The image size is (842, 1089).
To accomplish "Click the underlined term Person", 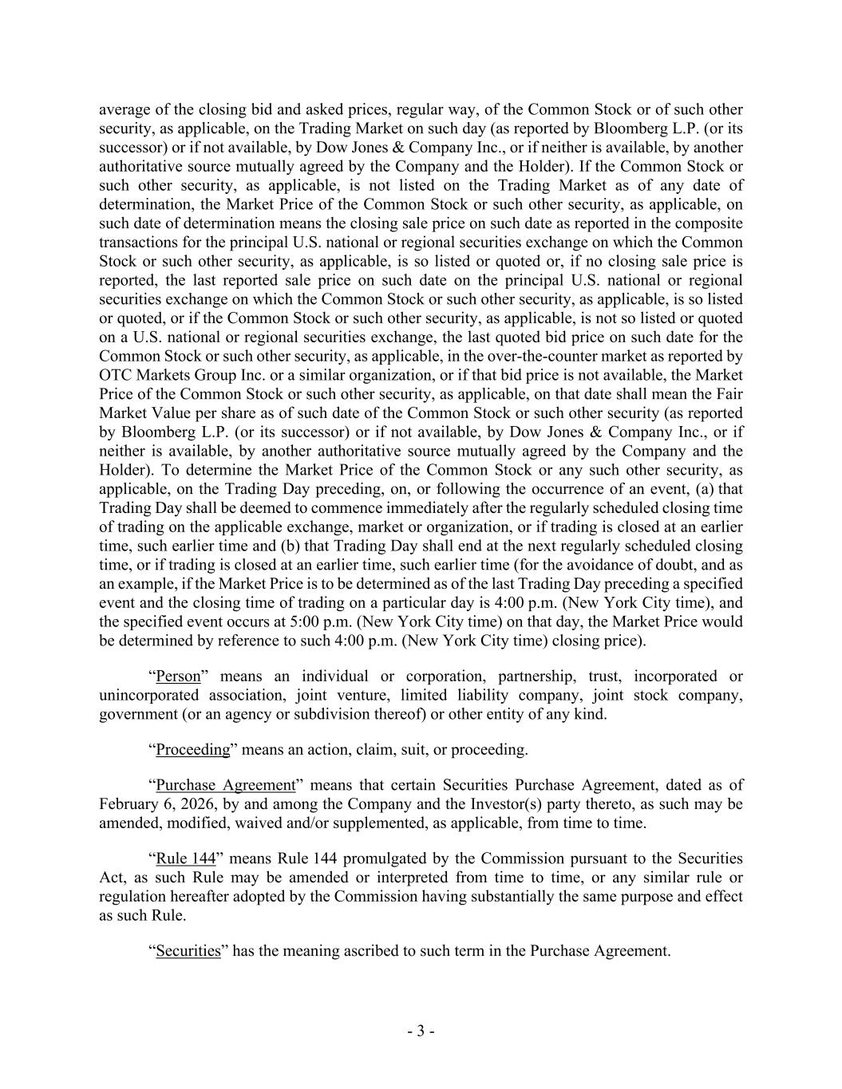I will pyautogui.click(x=179, y=677).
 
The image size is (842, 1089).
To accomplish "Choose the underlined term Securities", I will pyautogui.click(x=188, y=951).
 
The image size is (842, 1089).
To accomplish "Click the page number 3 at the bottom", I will pyautogui.click(x=421, y=1032).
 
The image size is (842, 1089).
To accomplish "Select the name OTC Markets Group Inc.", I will pyautogui.click(x=175, y=375).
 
